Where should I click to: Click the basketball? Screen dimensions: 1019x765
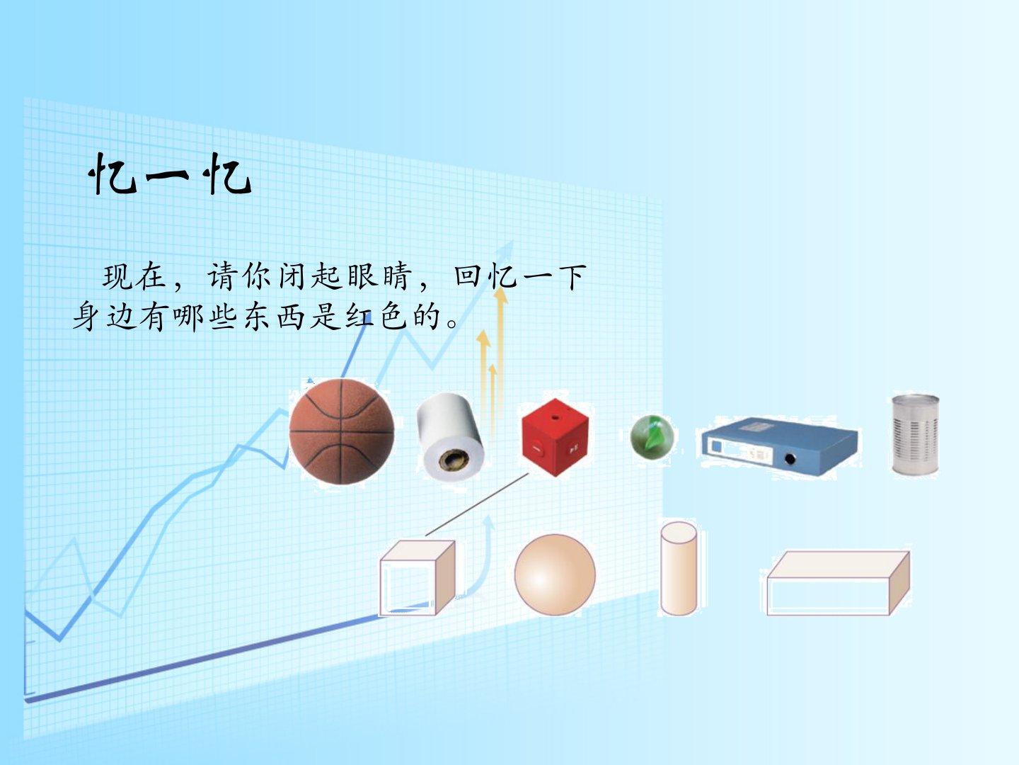[x=342, y=431]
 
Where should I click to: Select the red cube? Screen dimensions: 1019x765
[x=555, y=437]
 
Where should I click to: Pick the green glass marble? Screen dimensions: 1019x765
[x=652, y=436]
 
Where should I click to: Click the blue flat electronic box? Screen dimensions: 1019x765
[x=779, y=446]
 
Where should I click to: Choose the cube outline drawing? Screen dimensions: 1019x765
[x=417, y=578]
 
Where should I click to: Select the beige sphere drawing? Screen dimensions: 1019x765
[x=555, y=574]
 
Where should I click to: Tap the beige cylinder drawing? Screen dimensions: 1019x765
[x=678, y=569]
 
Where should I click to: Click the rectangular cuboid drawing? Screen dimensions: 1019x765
[x=838, y=584]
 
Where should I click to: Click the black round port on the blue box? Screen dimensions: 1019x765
[x=790, y=460]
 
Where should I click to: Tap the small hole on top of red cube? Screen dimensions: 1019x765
[x=555, y=418]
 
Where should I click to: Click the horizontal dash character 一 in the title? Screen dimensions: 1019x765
[x=167, y=176]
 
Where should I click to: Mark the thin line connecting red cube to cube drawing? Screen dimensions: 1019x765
[x=477, y=504]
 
